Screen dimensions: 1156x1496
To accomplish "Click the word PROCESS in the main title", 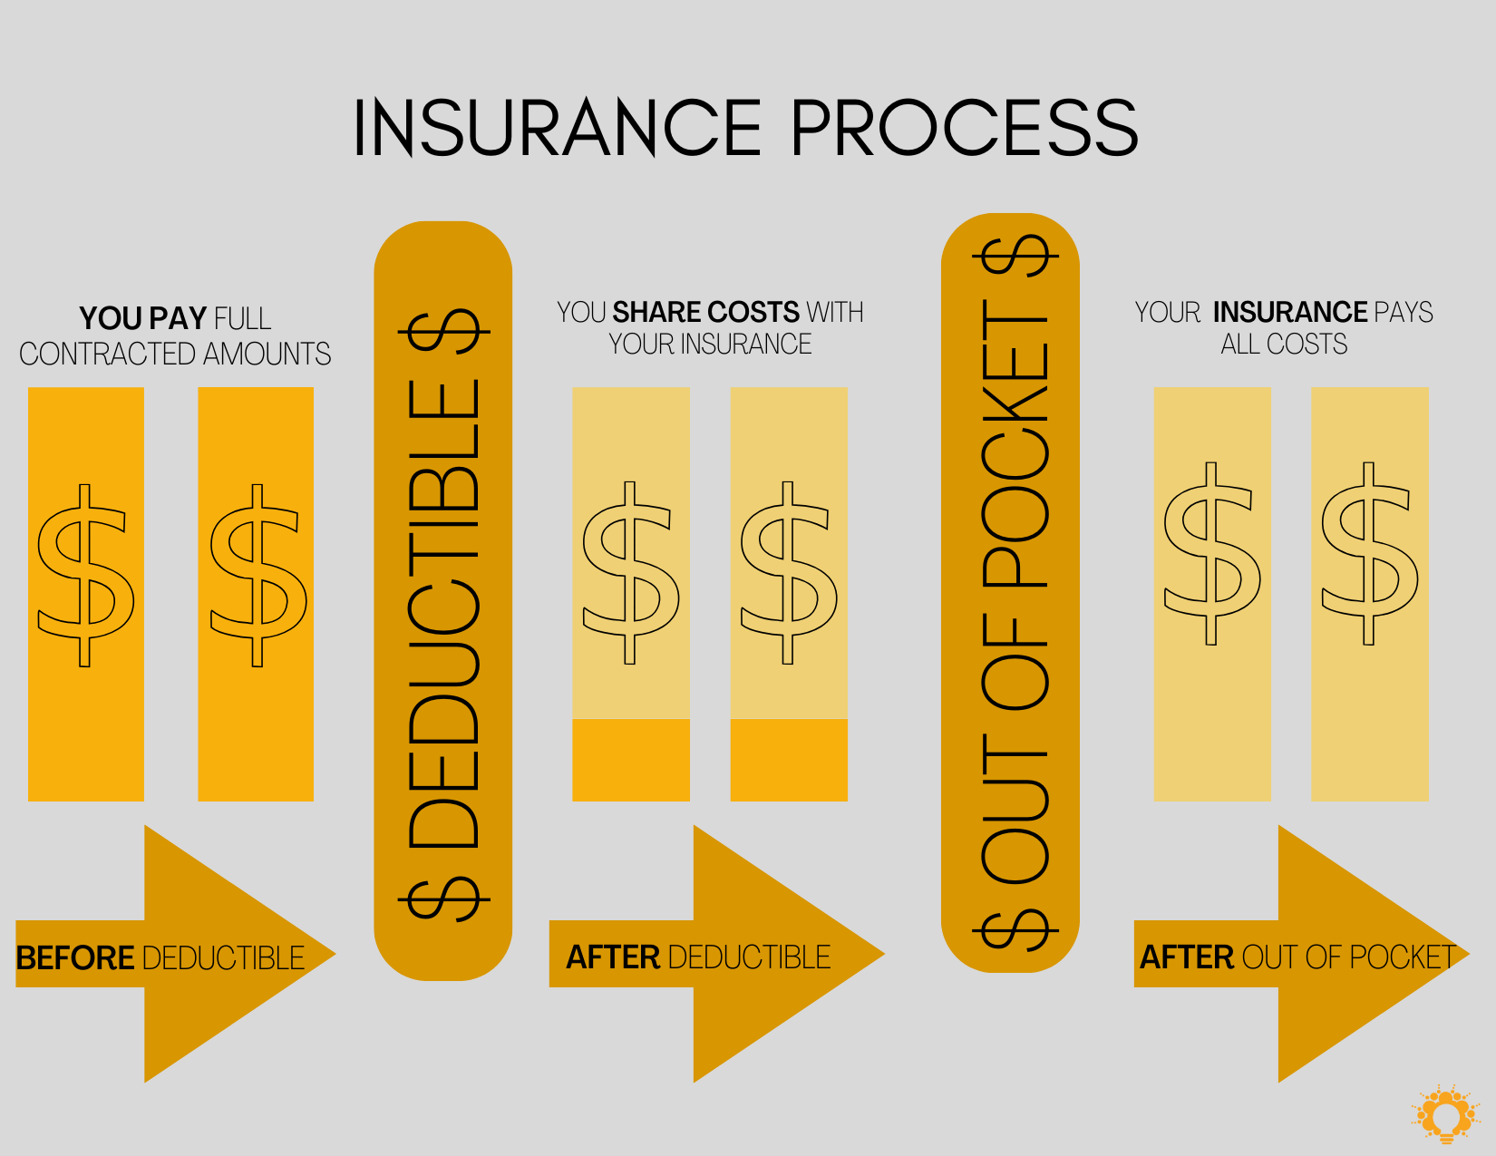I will [x=964, y=129].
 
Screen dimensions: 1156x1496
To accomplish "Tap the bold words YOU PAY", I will [x=143, y=318].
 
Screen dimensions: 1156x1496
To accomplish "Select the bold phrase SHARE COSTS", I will [x=705, y=312].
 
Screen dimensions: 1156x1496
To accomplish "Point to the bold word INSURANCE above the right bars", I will [x=1290, y=312].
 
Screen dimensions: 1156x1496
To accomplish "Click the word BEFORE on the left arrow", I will [x=75, y=957].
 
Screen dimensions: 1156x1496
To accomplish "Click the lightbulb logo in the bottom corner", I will [x=1446, y=1113].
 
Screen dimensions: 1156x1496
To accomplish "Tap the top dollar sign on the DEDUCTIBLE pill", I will [x=443, y=332].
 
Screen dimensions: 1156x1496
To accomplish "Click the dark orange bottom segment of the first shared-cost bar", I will [x=631, y=760].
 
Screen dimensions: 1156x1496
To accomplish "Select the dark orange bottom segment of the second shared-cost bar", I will [x=789, y=760].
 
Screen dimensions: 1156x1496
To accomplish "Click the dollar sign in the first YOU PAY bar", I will [x=85, y=575].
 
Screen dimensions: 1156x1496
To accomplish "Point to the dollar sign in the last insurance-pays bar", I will [x=1369, y=553].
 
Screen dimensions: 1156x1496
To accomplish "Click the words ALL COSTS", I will [x=1284, y=345].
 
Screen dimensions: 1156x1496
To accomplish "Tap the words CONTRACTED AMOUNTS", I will [x=175, y=354].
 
